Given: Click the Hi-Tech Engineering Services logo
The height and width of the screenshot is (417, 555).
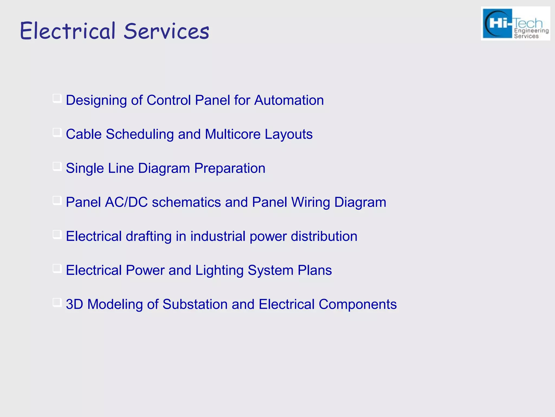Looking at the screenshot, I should [x=515, y=24].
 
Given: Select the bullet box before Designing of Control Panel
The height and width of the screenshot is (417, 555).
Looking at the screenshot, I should [x=57, y=98].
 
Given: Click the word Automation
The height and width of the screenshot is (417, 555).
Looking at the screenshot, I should [x=289, y=100].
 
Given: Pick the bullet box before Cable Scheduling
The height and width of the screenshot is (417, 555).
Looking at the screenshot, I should [x=57, y=132].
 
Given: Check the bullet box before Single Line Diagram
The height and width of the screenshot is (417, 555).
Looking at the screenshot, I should [x=57, y=166].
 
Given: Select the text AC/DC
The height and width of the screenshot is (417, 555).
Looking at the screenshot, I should [x=126, y=202].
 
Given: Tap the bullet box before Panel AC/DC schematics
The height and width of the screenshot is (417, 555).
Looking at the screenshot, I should [x=57, y=201].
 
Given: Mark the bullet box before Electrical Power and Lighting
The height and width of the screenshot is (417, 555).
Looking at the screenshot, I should [x=57, y=268].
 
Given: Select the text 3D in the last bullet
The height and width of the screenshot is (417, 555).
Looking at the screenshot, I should [x=74, y=304].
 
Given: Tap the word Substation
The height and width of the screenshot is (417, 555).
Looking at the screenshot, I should [x=195, y=304].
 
